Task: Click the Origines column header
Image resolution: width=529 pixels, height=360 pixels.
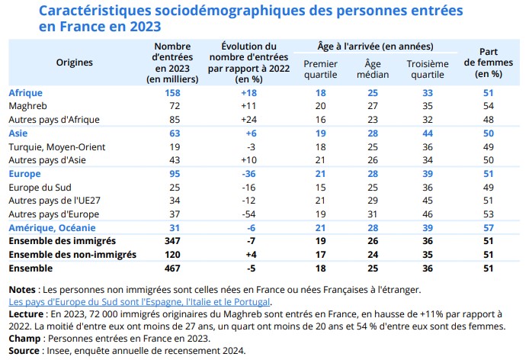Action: coord(75,62)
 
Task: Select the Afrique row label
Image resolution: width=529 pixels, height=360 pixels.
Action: coord(24,93)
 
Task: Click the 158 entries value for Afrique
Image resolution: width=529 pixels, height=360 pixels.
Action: coord(178,93)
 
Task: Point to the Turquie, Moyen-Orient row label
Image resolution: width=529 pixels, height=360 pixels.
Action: coord(56,146)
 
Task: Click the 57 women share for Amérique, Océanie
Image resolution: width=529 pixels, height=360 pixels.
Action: coord(488,227)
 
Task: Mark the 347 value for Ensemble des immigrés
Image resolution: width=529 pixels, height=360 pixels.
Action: coord(178,241)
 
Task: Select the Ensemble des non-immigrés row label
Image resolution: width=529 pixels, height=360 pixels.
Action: coord(72,254)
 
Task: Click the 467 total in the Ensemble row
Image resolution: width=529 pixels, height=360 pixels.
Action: coord(178,268)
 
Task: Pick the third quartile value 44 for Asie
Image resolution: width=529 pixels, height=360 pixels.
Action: coord(428,133)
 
